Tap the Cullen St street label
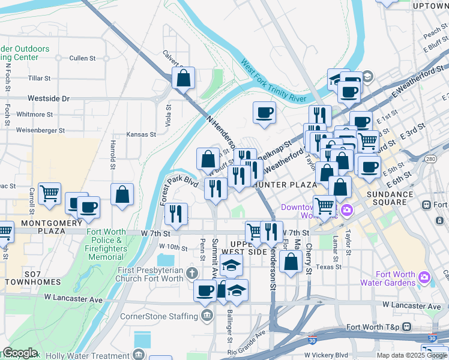coord(83,58)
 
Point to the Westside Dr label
coord(49,98)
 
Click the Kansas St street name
coord(141,135)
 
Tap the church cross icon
coord(192,274)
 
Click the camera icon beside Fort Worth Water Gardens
coord(424,277)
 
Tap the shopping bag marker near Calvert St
coord(184,78)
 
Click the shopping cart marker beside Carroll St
coord(49,193)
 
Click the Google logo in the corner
coord(20,353)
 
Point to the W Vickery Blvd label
coord(326,355)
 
